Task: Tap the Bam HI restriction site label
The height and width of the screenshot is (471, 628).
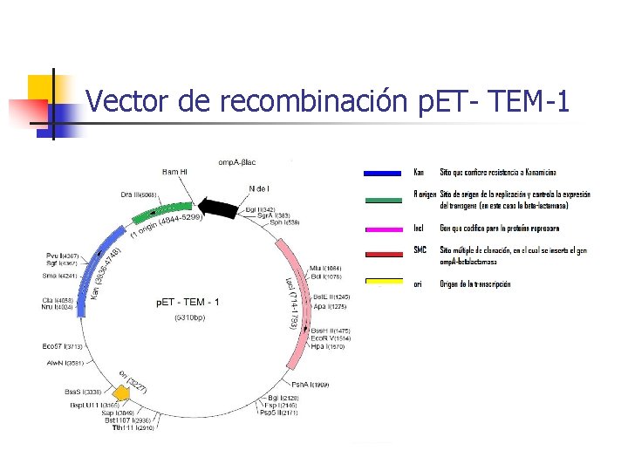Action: (x=174, y=173)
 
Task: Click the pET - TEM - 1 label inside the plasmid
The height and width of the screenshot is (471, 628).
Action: (x=188, y=302)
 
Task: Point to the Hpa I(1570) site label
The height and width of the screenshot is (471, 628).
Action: (x=328, y=346)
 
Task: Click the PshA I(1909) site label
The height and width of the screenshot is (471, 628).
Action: (x=310, y=385)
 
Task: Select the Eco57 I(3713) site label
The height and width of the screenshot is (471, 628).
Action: (x=63, y=347)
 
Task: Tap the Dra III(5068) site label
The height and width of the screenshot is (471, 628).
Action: (x=139, y=195)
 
